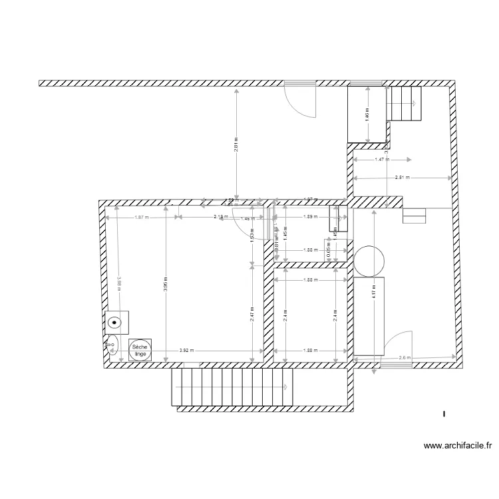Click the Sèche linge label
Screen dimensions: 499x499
coord(140,350)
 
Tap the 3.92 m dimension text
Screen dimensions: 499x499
coord(188,351)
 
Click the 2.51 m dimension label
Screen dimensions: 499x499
coord(402,178)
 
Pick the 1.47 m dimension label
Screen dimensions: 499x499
coord(382,160)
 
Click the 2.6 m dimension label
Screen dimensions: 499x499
coord(405,358)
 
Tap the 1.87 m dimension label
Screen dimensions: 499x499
coord(140,217)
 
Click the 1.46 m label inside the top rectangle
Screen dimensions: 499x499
coord(367,114)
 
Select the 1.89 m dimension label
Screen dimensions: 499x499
coord(309,217)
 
